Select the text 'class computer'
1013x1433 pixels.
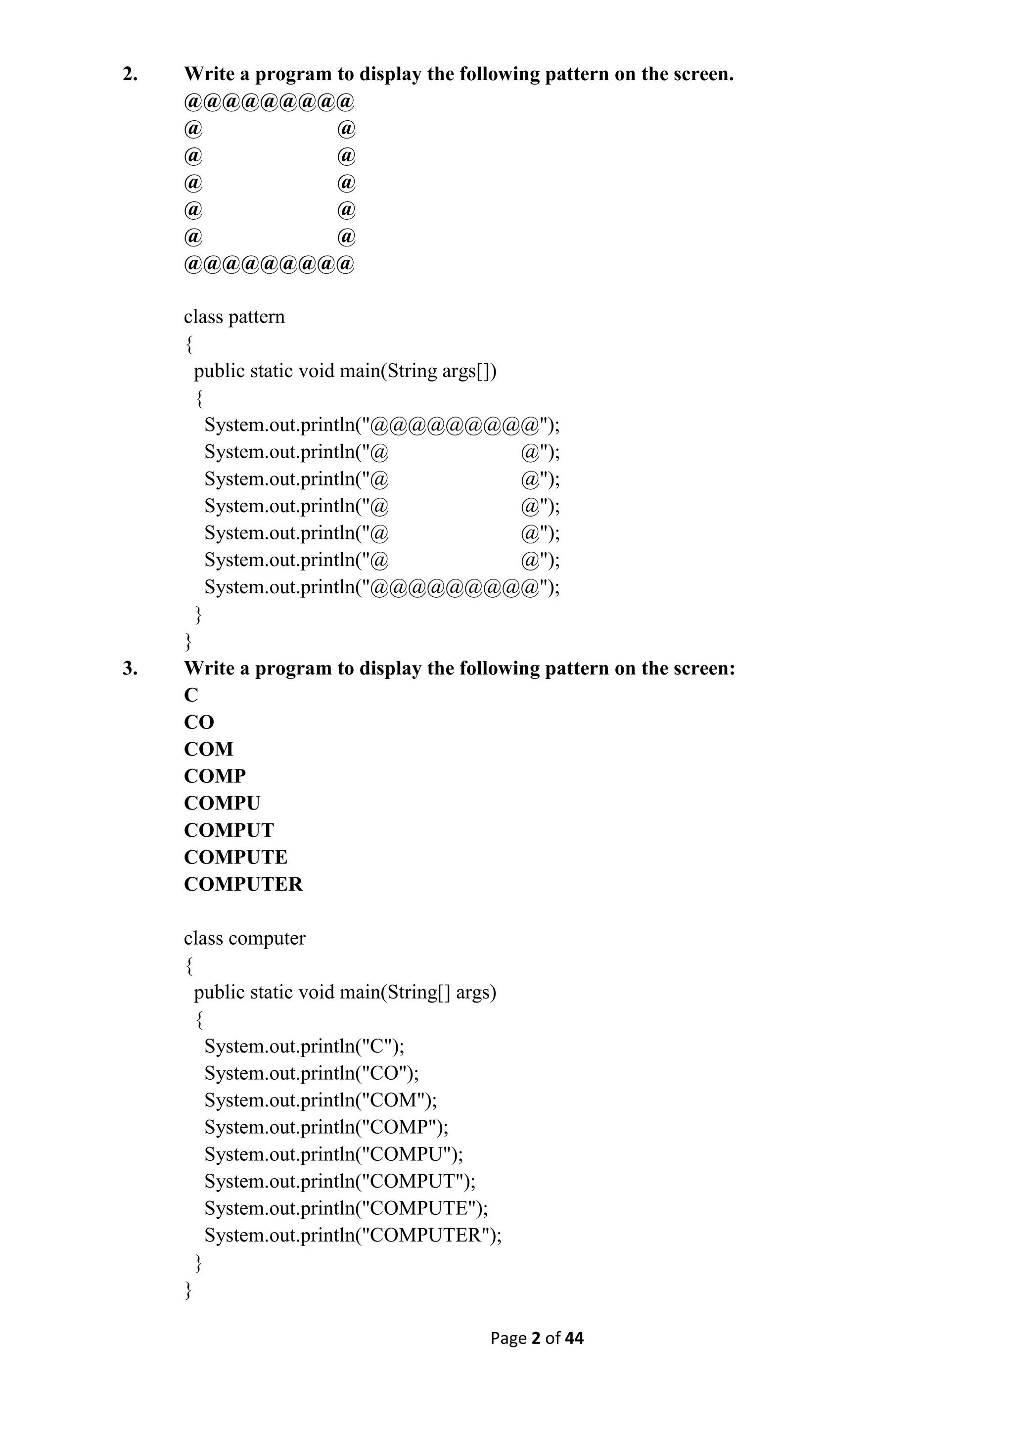coord(244,938)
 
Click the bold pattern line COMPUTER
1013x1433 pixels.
coord(243,884)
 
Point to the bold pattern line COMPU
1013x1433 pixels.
coord(222,803)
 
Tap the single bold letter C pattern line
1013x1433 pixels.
coord(191,695)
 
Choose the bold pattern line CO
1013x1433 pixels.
coord(199,722)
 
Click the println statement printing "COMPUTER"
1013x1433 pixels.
coord(353,1235)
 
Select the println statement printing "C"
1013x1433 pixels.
coord(304,1046)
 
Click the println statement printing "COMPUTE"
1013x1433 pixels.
coord(346,1208)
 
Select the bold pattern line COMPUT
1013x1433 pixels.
coord(229,830)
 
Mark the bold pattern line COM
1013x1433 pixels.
coord(208,749)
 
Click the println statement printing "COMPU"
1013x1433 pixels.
coord(334,1154)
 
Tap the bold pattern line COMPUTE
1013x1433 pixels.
coord(236,858)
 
